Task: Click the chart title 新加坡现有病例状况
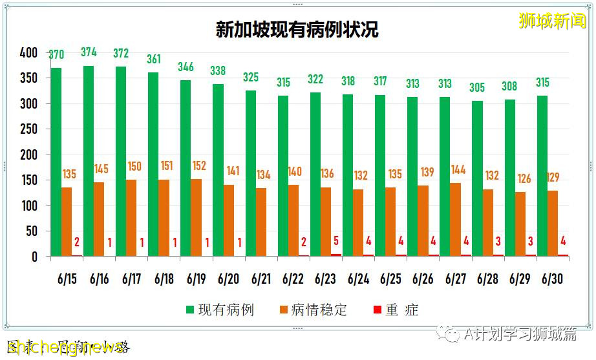(297, 30)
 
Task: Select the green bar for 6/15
(56, 162)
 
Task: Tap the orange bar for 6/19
(197, 217)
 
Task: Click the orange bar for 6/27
(456, 219)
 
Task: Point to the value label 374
(89, 52)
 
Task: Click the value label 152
(198, 166)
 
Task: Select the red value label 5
(336, 241)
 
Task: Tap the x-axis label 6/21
(261, 279)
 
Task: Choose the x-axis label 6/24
(358, 279)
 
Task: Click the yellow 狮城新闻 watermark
(551, 20)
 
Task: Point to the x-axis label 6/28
(488, 279)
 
